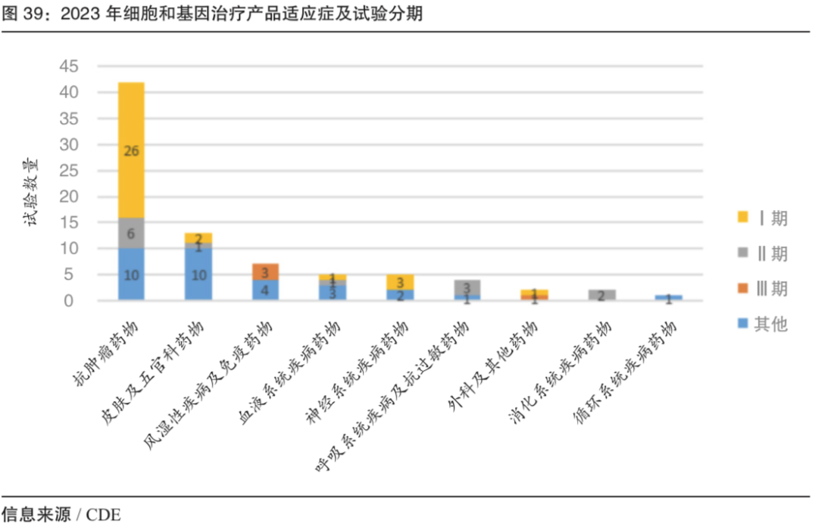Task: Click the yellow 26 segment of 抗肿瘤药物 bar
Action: click(131, 150)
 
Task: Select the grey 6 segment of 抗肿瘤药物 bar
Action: click(131, 234)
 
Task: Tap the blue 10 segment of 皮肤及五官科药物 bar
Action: click(198, 274)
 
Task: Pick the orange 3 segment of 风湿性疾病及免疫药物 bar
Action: click(266, 271)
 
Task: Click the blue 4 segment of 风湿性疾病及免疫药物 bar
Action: click(266, 290)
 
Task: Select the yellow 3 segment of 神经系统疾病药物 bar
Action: click(400, 282)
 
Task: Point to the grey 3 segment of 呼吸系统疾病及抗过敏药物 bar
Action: click(467, 287)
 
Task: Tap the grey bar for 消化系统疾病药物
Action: click(602, 295)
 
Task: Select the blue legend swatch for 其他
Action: click(743, 324)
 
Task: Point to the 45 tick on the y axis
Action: click(68, 67)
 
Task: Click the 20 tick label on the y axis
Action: click(68, 196)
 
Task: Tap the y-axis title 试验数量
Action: click(34, 193)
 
